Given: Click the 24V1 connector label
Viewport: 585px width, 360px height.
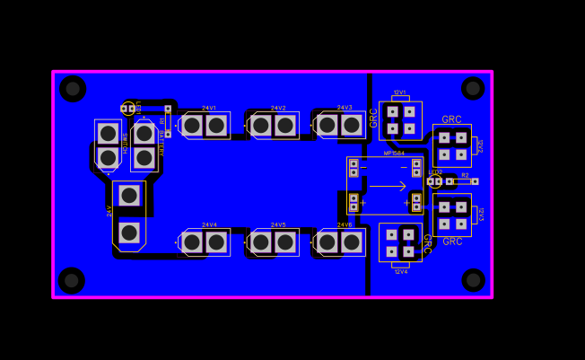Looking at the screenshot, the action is pos(209,108).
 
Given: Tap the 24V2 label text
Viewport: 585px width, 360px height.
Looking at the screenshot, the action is pos(278,108).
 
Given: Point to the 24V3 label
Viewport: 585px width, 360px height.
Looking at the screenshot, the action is pos(345,108).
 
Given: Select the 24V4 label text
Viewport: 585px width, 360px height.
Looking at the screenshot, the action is pos(209,224).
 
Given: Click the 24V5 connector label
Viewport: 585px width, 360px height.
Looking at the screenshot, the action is pos(278,224).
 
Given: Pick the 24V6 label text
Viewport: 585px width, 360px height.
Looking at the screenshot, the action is pos(345,224).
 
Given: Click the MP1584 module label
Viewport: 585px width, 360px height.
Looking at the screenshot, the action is pos(394,154).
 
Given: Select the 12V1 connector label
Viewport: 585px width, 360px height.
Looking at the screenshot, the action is pos(399,92).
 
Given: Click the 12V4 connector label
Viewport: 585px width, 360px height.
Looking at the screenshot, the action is pos(400,271).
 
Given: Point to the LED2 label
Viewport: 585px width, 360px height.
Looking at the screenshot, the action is pos(435,172).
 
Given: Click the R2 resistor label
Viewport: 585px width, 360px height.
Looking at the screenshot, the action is pos(465,175).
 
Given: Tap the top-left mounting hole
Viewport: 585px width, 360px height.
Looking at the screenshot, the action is pos(73,88).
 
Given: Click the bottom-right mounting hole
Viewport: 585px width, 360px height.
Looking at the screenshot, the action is pos(473,280).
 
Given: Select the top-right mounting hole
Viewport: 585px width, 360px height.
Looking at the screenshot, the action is pos(473,88).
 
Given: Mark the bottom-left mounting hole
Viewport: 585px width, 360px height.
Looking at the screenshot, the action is pos(72,280).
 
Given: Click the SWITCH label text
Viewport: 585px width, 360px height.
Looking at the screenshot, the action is pos(125,144).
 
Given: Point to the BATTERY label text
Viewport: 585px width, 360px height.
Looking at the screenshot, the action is pos(162,144).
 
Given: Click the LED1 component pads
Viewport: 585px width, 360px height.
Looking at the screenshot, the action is pos(127,109).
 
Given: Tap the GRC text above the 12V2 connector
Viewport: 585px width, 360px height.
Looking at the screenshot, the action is pos(451,119).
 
